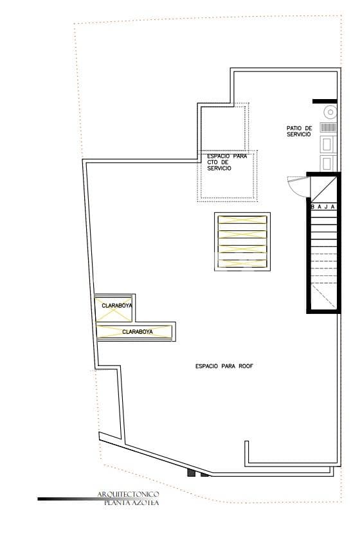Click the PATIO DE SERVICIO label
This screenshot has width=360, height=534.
299,131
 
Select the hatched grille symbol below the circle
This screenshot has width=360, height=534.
328,127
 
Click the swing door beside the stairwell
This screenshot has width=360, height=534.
299,187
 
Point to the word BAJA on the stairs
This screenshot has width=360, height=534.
323,207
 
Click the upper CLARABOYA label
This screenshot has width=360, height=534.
116,306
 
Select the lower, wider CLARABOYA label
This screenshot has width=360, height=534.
137,332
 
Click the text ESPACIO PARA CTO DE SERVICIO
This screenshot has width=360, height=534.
227,162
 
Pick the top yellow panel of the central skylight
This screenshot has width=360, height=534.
242,220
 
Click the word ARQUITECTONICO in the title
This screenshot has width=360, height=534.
128,494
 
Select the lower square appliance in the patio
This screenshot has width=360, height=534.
328,162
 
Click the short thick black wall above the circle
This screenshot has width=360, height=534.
321,101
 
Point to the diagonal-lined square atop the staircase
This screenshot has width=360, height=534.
323,189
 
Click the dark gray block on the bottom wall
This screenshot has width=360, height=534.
191,473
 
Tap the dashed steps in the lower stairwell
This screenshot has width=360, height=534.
323,270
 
